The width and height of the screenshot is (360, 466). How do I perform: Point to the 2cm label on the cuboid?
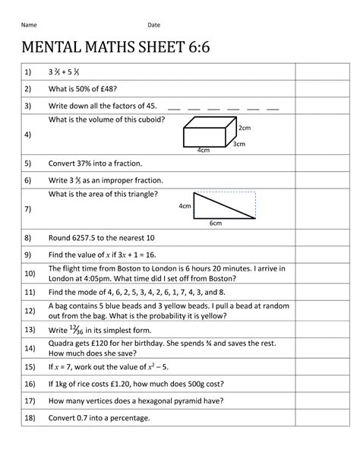click(244, 128)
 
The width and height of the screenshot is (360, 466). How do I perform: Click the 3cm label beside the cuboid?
click(240, 143)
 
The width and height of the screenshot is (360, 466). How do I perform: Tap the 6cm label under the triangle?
click(216, 223)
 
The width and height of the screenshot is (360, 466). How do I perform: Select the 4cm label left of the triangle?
click(185, 206)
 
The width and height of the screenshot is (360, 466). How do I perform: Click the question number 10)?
click(30, 274)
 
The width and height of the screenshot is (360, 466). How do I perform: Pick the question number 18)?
click(30, 418)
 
